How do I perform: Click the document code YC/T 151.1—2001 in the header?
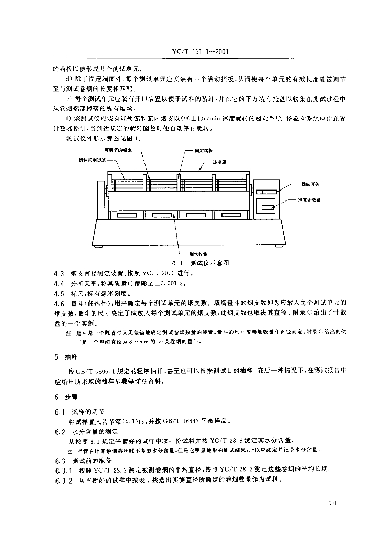196,52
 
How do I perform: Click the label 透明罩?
220,162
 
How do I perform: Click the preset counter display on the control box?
268,208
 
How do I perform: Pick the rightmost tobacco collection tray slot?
230,215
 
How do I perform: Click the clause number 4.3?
59,273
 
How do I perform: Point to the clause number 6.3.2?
63,481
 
